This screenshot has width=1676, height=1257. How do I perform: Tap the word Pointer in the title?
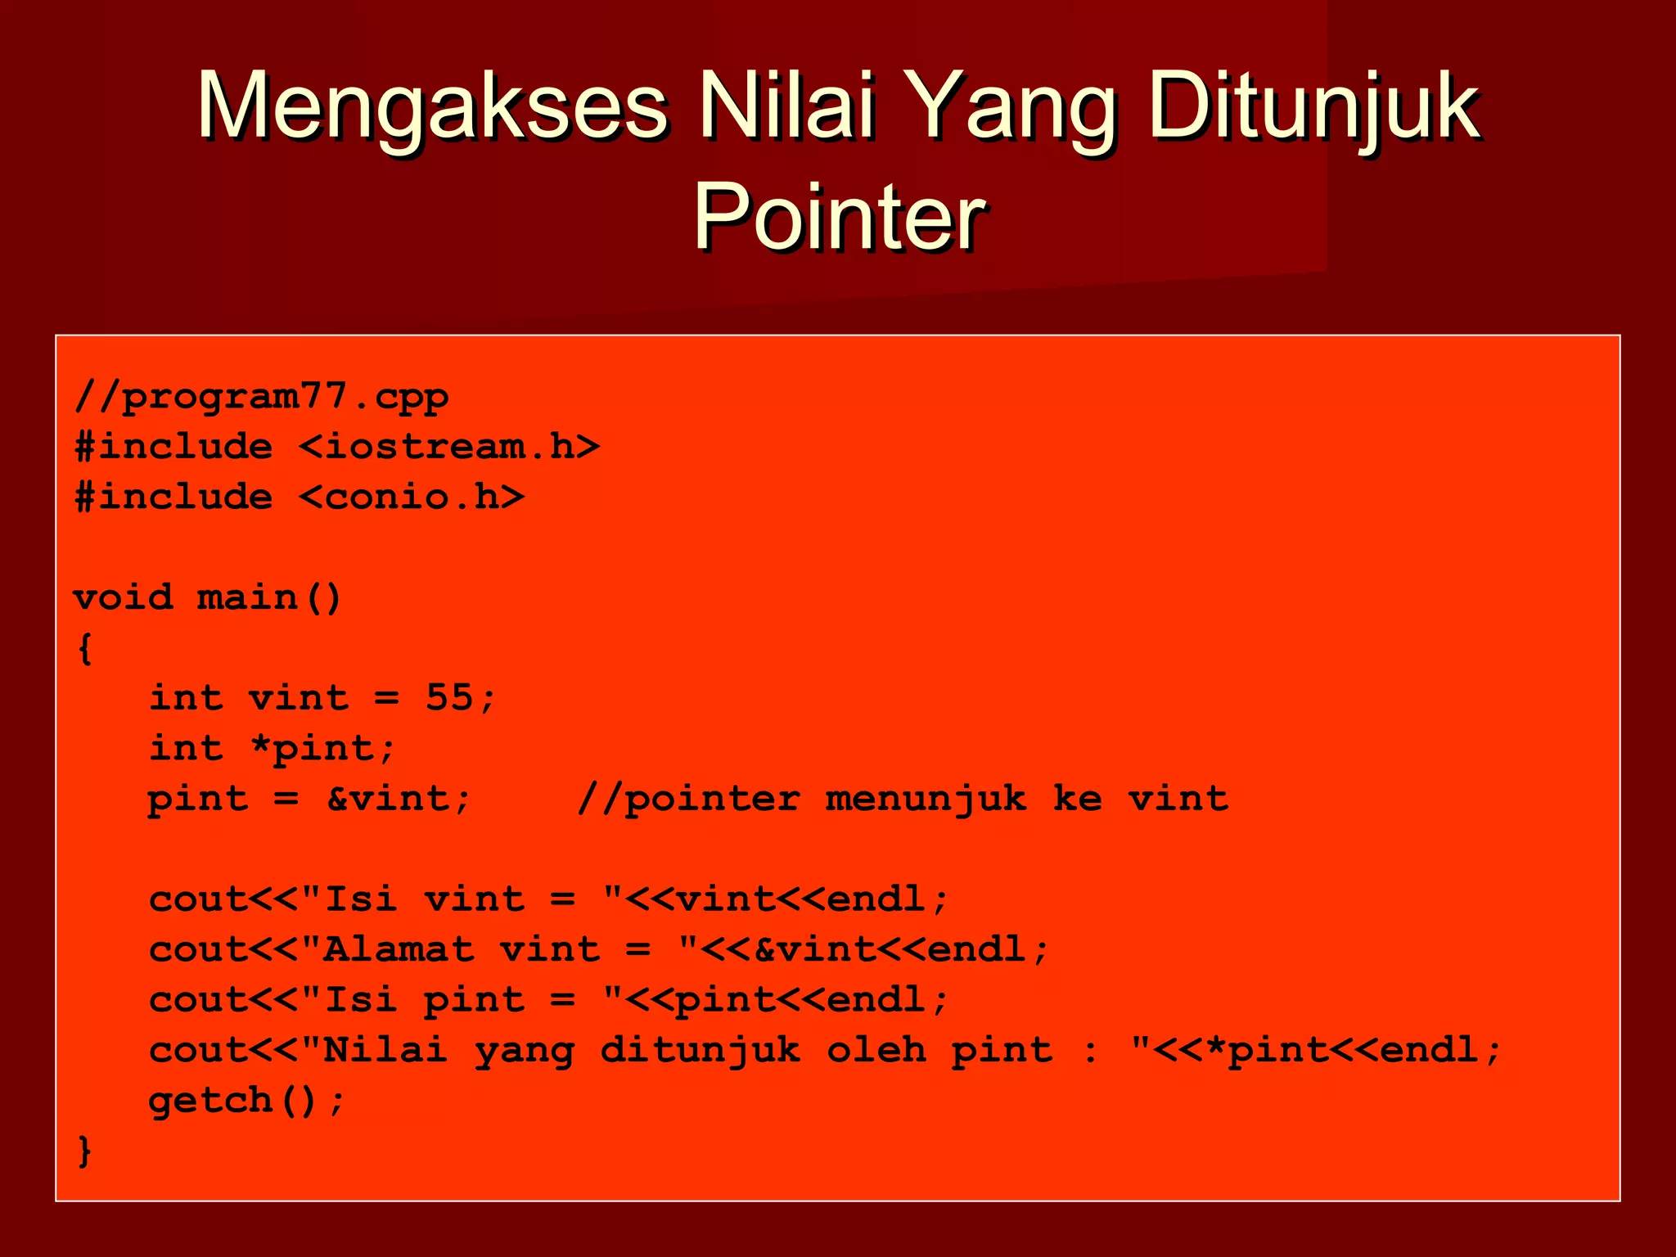839,217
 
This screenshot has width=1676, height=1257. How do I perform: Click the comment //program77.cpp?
261,398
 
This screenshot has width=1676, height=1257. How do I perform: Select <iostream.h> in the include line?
449,447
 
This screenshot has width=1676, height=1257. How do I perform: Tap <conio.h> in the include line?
412,498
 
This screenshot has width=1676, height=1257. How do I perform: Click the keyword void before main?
124,597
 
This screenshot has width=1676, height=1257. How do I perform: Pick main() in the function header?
269,597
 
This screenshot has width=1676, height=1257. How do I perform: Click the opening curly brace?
84,649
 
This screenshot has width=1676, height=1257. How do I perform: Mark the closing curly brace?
84,1151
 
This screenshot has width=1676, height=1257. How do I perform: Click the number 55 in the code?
449,698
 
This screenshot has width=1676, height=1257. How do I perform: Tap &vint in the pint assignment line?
388,799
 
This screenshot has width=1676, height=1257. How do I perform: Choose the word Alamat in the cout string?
399,950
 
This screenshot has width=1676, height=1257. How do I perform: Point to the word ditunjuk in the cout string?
701,1051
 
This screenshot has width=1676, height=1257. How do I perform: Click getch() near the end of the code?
233,1101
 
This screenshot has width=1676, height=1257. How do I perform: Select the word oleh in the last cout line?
876,1050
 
